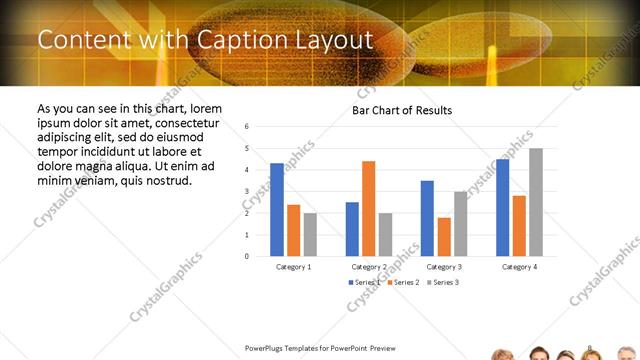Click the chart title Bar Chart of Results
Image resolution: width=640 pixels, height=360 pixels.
pyautogui.click(x=402, y=110)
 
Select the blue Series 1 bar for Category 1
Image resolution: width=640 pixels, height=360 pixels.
pyautogui.click(x=277, y=209)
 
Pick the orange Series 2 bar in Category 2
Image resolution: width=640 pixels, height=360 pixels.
pyautogui.click(x=369, y=208)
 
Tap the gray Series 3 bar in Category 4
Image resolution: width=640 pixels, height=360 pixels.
pyautogui.click(x=536, y=202)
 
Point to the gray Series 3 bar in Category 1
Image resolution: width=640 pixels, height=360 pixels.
pyautogui.click(x=310, y=234)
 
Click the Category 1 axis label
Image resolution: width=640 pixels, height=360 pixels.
pyautogui.click(x=294, y=267)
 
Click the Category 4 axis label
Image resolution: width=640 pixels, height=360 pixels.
pyautogui.click(x=519, y=267)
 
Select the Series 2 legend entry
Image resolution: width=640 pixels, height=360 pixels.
pyautogui.click(x=401, y=283)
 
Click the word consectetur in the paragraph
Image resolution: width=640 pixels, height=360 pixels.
pyautogui.click(x=187, y=122)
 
